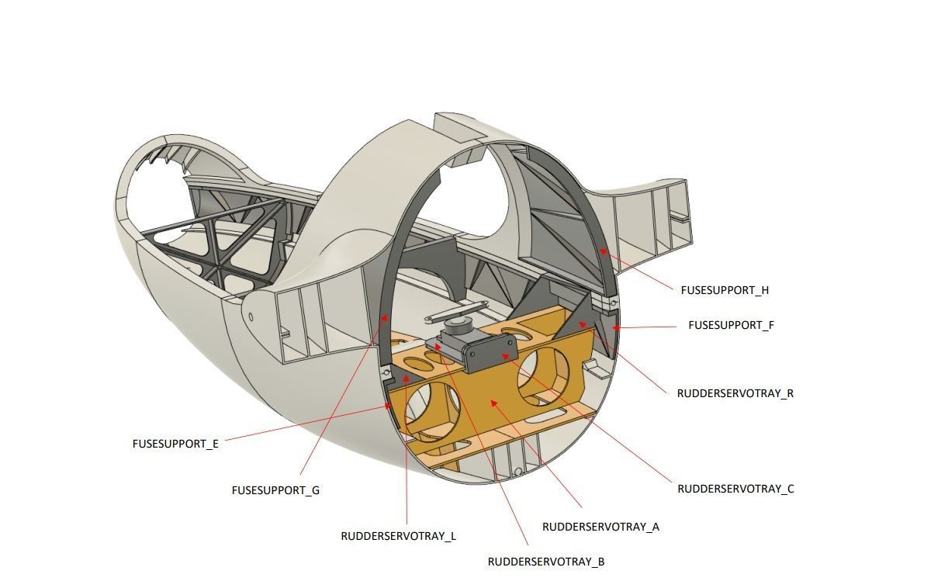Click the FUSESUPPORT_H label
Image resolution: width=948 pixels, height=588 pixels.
tap(725, 290)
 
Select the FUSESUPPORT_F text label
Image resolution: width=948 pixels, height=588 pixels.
tap(731, 325)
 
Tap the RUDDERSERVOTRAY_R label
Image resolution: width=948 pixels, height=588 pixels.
tap(735, 393)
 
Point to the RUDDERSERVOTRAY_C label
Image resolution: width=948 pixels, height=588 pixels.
tap(735, 489)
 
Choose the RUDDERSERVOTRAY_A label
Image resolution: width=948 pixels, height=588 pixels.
tap(600, 527)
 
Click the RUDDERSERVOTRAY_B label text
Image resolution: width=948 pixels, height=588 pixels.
tap(545, 562)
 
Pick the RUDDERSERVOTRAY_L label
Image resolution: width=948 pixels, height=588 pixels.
tap(398, 536)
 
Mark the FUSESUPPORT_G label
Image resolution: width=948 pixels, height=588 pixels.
tap(275, 490)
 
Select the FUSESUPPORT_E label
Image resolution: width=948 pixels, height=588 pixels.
tap(175, 444)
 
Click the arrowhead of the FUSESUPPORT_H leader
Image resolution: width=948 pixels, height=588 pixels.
tap(600, 250)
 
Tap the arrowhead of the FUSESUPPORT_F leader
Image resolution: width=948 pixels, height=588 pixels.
tap(614, 328)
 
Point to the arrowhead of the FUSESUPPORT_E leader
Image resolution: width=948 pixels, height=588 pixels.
tap(389, 406)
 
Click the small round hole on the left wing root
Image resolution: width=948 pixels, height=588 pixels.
tap(251, 316)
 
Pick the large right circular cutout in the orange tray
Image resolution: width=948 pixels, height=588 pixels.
tap(545, 375)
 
